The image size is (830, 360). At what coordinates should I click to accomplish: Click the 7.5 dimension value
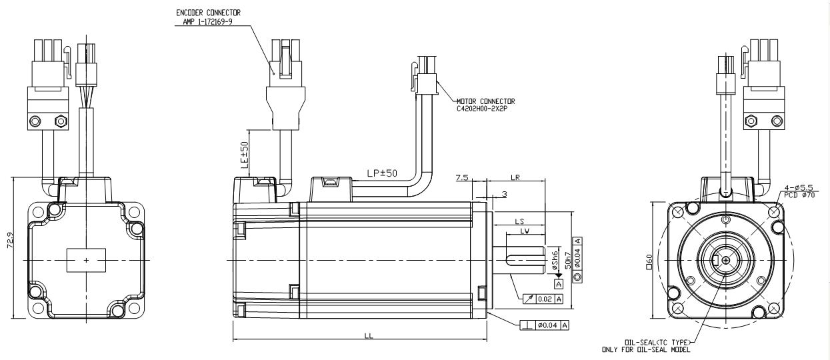461,178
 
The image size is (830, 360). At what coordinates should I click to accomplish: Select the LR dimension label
515,178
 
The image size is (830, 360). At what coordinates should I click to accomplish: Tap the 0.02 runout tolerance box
544,299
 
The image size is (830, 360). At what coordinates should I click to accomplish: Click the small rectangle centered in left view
86,259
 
